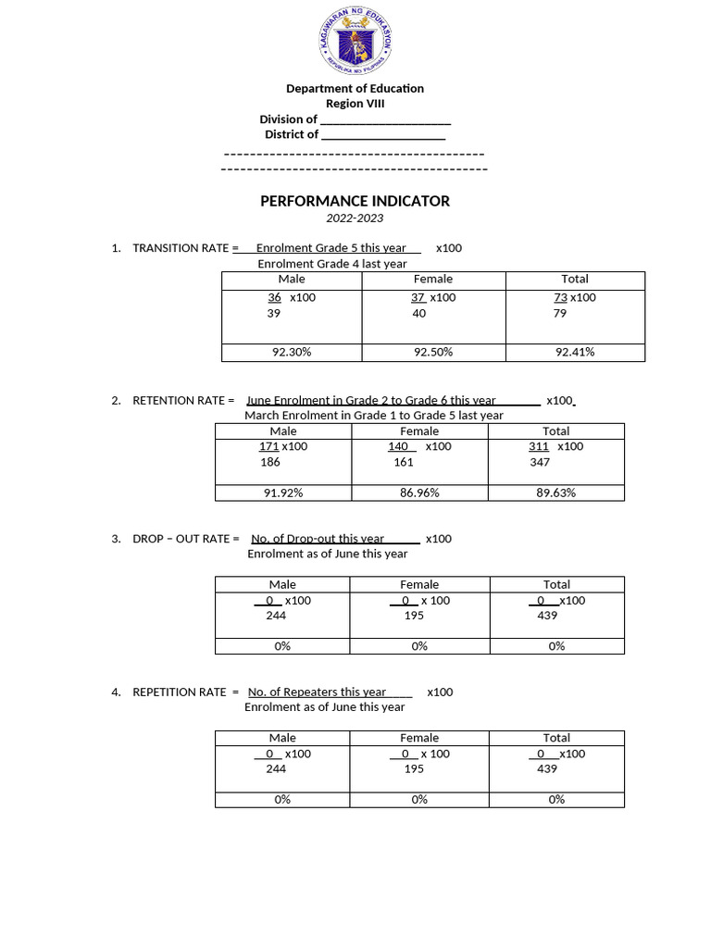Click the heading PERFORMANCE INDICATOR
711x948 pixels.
point(355,201)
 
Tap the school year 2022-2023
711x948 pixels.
point(355,218)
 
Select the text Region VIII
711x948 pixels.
point(355,104)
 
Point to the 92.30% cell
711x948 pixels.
point(291,352)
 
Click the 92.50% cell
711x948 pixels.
point(433,352)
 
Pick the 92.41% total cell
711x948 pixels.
point(575,352)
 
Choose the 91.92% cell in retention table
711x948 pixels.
point(283,493)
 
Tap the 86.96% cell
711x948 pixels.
point(419,493)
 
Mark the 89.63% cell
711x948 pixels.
point(556,493)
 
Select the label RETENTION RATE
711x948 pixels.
point(179,401)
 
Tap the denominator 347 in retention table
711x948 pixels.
point(540,462)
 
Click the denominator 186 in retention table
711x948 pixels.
point(270,462)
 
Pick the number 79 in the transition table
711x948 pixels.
point(559,314)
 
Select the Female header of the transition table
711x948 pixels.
point(433,279)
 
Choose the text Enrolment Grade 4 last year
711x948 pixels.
point(331,264)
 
